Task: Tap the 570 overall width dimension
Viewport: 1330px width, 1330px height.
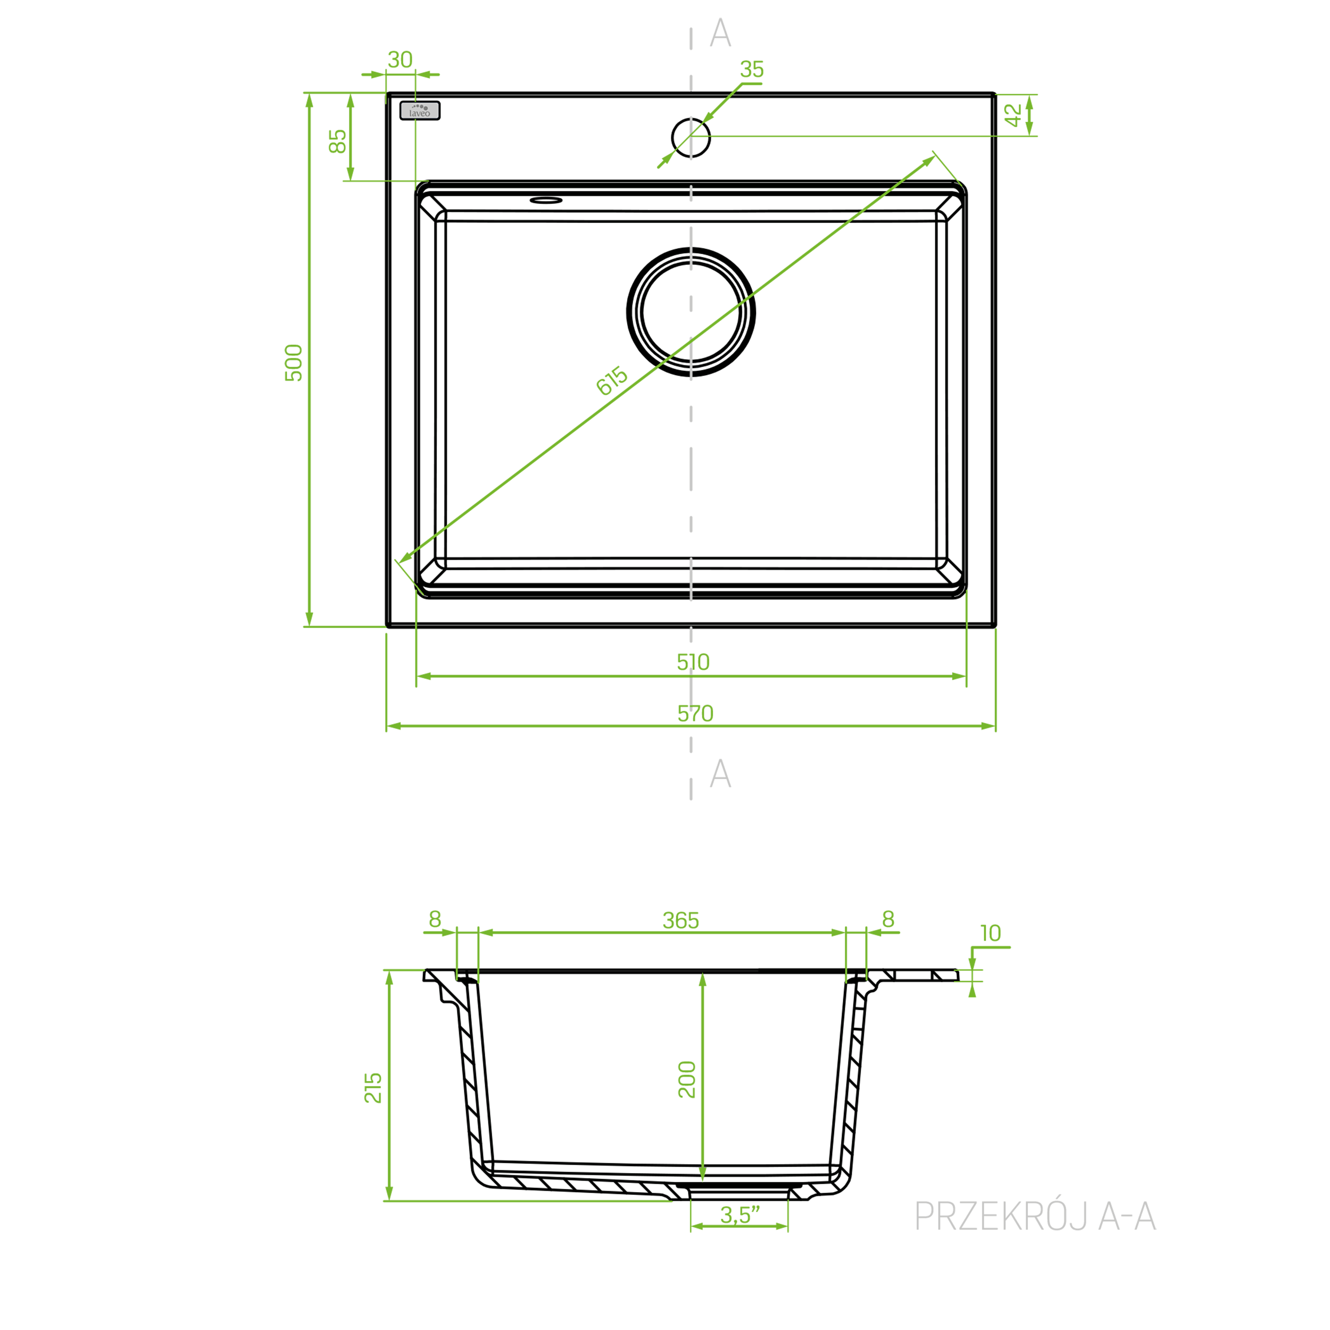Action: tap(695, 713)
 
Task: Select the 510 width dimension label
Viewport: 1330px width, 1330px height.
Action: tap(693, 662)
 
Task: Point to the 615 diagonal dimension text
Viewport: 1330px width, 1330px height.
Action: tap(611, 381)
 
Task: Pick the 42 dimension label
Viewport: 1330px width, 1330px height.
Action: tap(1013, 115)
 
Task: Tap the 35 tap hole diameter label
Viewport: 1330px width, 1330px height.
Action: tap(752, 70)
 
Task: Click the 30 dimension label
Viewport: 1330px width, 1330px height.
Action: tap(400, 60)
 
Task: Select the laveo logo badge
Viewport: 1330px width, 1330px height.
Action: tap(420, 111)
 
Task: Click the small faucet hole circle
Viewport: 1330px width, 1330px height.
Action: tap(691, 119)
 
